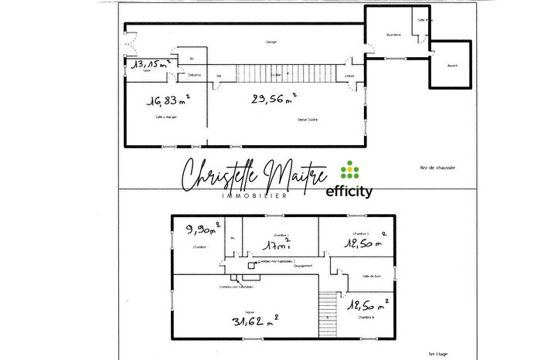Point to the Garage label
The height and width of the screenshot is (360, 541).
coord(270,42)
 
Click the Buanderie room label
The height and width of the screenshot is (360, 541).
coord(394,35)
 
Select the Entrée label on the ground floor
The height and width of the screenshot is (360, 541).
coord(350,76)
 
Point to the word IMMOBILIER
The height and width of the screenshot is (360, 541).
coord(255,196)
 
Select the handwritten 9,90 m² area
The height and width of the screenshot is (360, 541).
coord(203,229)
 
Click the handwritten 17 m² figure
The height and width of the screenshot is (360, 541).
coord(277,246)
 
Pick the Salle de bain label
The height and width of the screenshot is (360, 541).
coord(373,276)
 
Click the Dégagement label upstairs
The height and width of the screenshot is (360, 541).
coord(302,266)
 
